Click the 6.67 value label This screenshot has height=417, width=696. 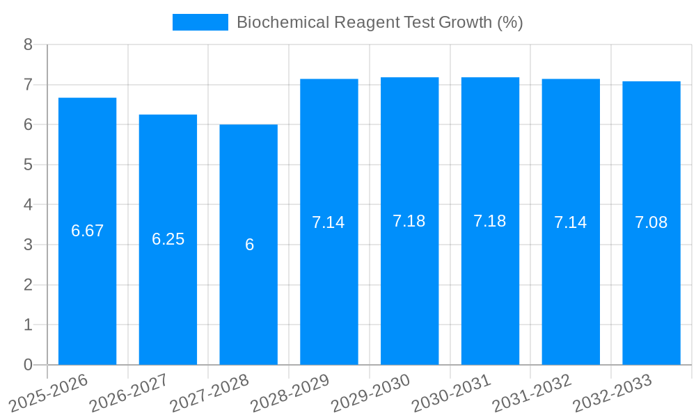[x=87, y=231]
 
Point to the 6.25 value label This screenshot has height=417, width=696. [x=168, y=239]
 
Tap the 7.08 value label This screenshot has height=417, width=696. [x=651, y=222]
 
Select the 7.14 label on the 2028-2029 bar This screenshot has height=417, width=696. [x=329, y=222]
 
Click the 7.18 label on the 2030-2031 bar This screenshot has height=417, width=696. [x=490, y=221]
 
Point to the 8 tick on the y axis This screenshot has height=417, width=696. [x=29, y=45]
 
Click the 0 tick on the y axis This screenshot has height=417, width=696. [x=29, y=365]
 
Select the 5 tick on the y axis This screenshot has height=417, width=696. [x=29, y=165]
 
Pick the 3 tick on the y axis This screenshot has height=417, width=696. [x=29, y=245]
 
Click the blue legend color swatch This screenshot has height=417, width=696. [x=200, y=22]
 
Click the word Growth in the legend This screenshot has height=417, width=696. [x=465, y=22]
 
